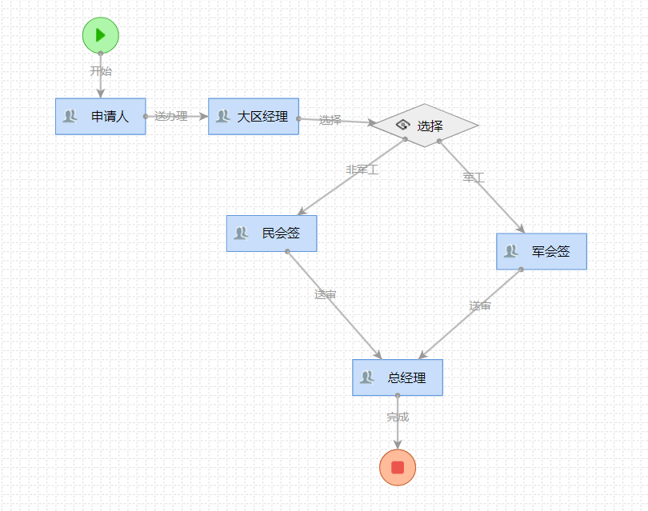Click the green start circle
[100, 35]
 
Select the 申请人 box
[100, 117]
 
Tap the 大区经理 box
[254, 117]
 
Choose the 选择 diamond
[425, 126]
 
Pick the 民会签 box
[271, 234]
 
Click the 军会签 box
[542, 251]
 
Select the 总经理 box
[398, 377]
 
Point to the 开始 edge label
[101, 71]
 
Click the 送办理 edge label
[171, 117]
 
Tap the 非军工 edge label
[362, 170]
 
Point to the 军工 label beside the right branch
[474, 178]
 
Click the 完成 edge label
[398, 417]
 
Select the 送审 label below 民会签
[325, 295]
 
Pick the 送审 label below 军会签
[480, 306]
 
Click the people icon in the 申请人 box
[70, 117]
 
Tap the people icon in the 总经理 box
[367, 377]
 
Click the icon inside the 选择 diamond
[402, 126]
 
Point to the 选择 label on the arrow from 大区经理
[330, 121]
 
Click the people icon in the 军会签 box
[511, 251]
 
